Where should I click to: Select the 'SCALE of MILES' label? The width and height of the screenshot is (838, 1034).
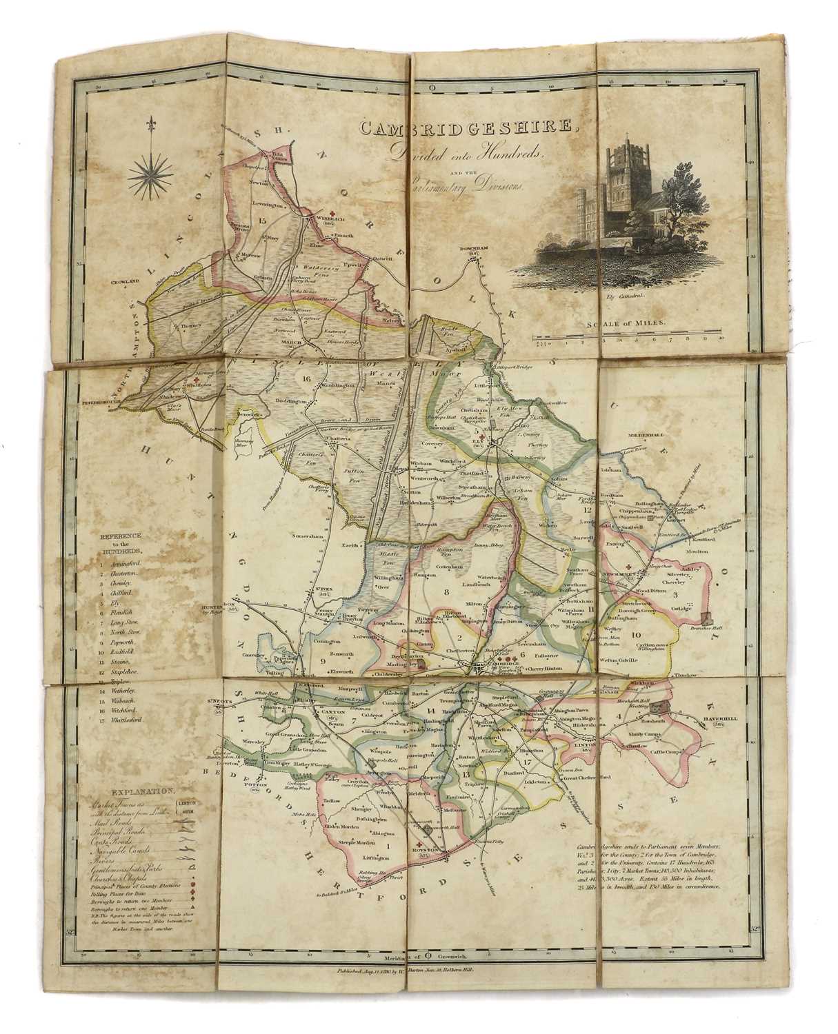pyautogui.click(x=625, y=323)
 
